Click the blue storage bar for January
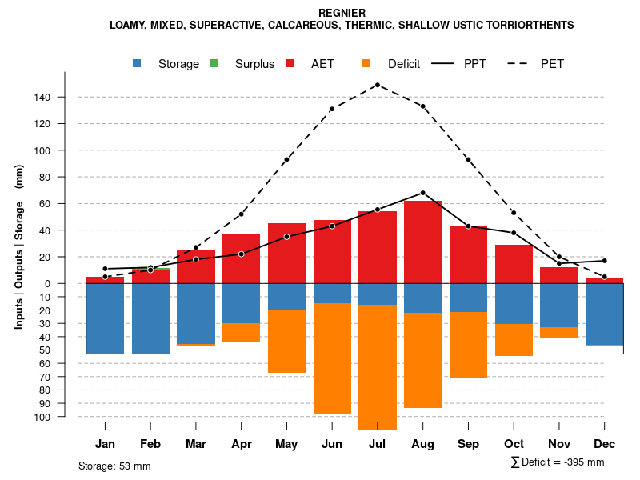point(105,318)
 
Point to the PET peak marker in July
point(377,85)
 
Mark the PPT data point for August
point(422,193)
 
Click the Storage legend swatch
point(137,63)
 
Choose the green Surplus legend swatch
point(214,63)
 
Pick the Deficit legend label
point(404,64)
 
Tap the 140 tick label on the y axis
point(42,98)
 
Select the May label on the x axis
point(286,444)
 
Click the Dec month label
point(605,444)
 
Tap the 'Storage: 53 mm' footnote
point(114,466)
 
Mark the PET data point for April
point(241,214)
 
